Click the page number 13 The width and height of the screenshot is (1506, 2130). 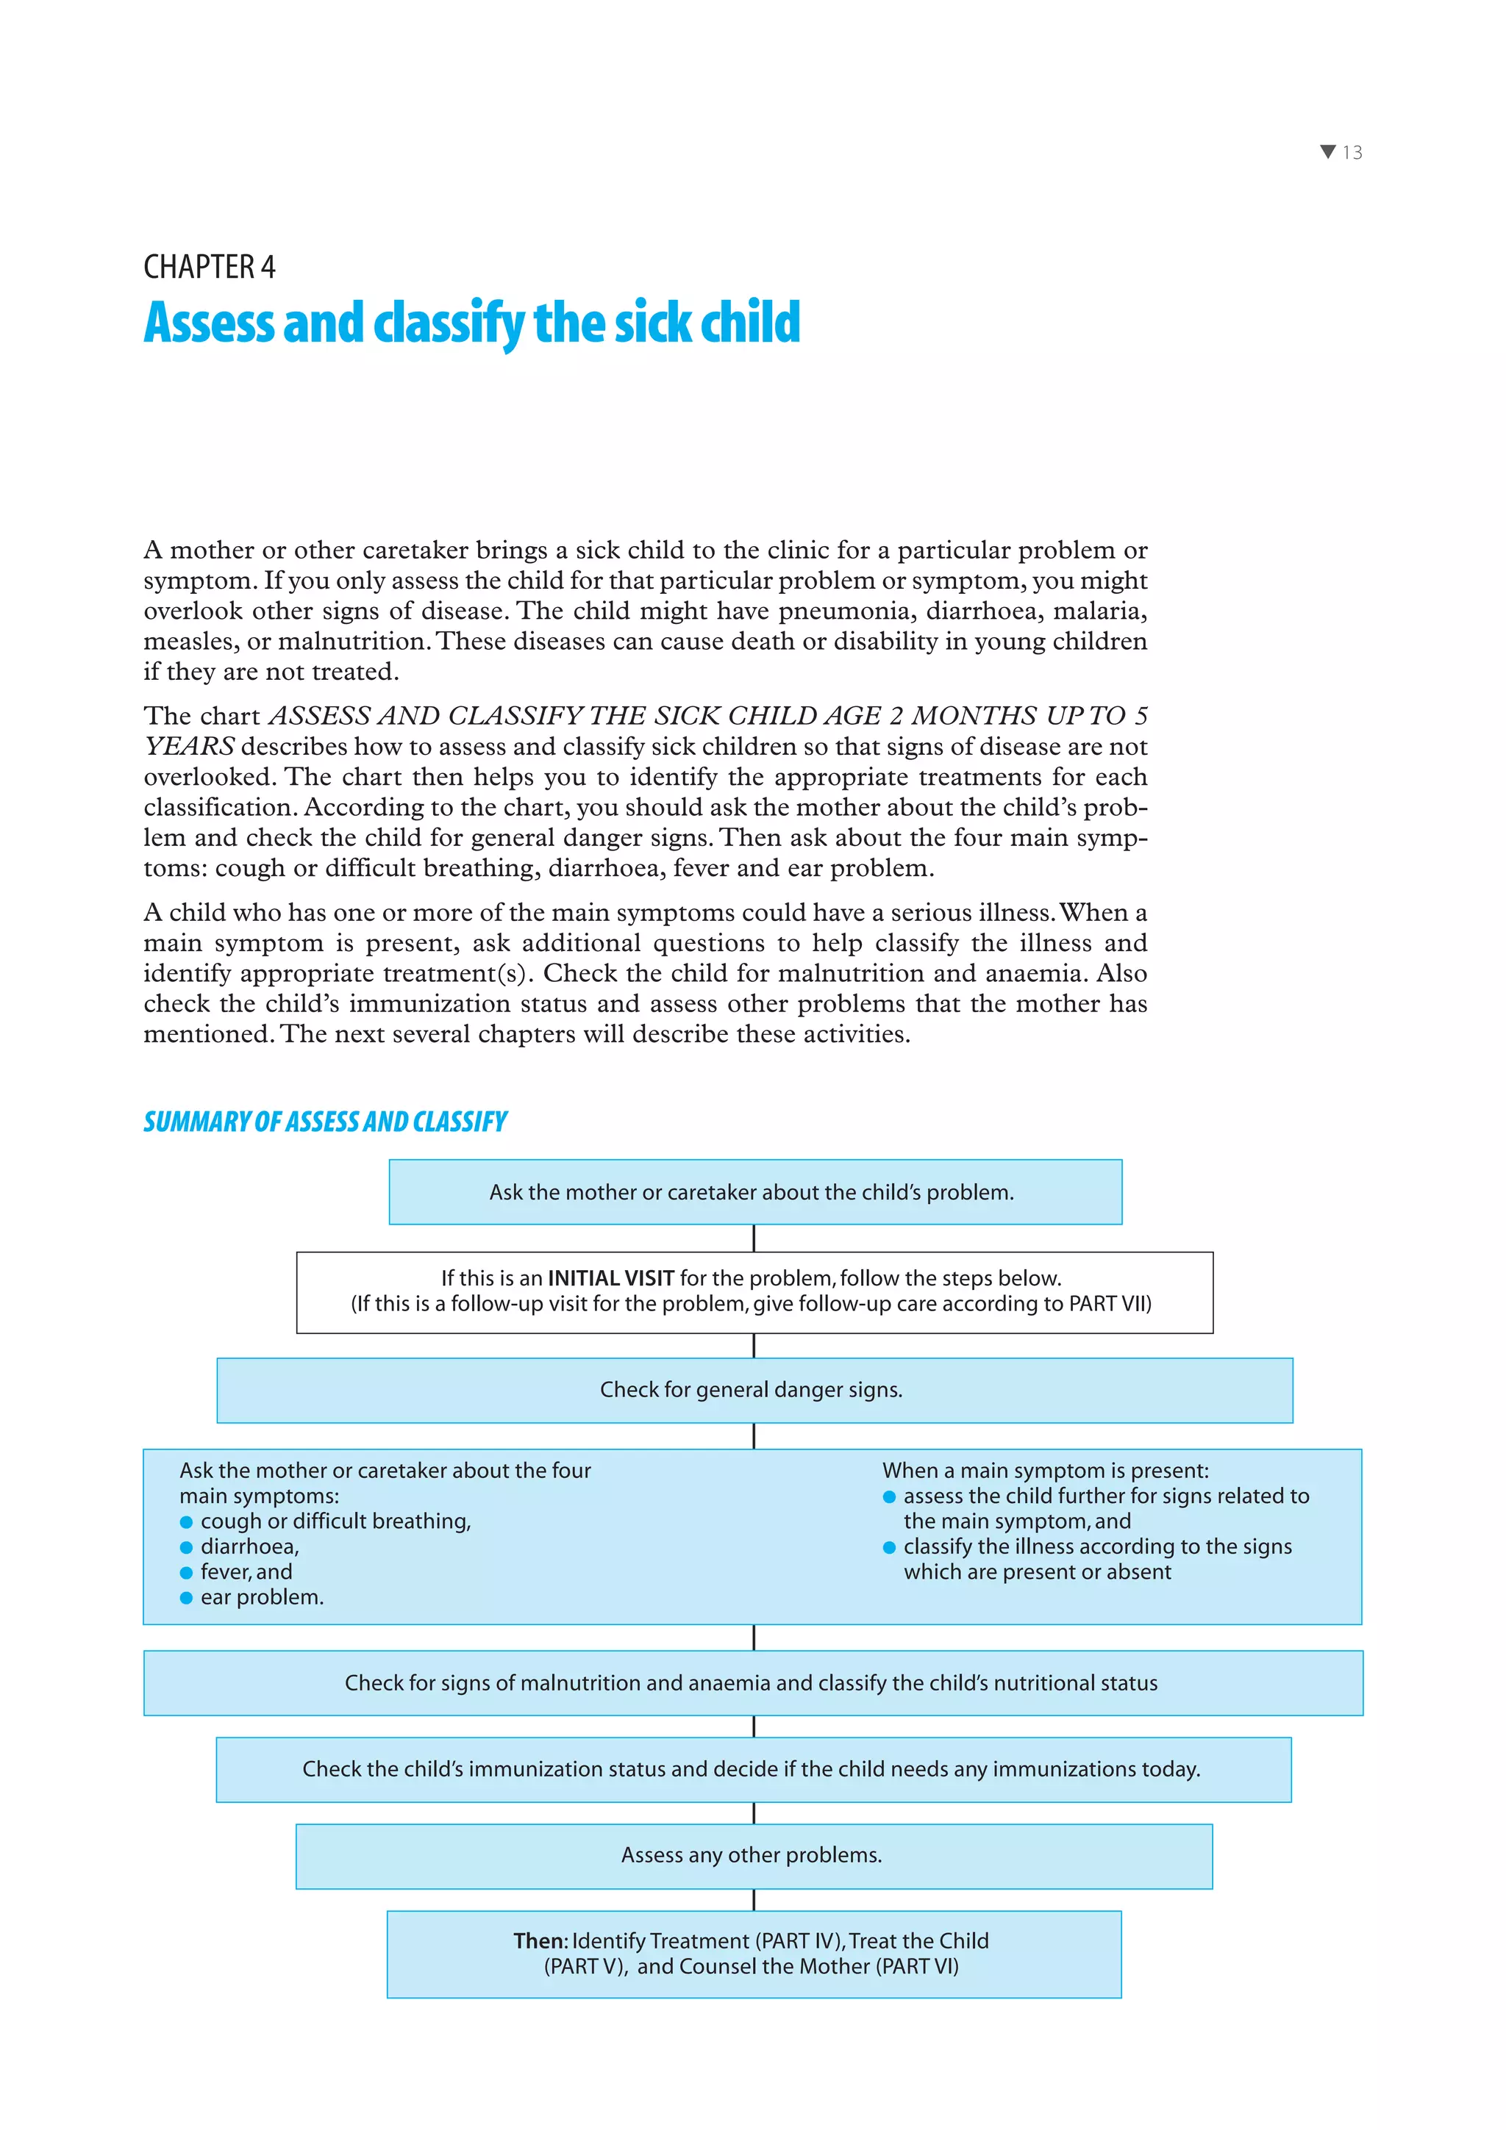click(1352, 153)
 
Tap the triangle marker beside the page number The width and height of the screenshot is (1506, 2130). click(1328, 152)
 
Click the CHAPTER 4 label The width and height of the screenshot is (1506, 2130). click(210, 268)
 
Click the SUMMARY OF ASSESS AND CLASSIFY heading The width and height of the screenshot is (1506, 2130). click(325, 1122)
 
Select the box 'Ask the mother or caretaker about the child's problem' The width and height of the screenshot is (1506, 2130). click(754, 1192)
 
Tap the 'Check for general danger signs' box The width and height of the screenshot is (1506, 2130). click(754, 1390)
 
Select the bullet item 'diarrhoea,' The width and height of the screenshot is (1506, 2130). click(249, 1546)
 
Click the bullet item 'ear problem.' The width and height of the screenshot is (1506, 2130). click(262, 1598)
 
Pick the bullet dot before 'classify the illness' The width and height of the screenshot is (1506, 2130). click(889, 1547)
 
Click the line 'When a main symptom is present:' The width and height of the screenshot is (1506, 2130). click(1046, 1471)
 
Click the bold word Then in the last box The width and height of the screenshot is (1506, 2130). click(538, 1941)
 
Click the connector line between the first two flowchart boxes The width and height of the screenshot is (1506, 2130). click(754, 1238)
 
